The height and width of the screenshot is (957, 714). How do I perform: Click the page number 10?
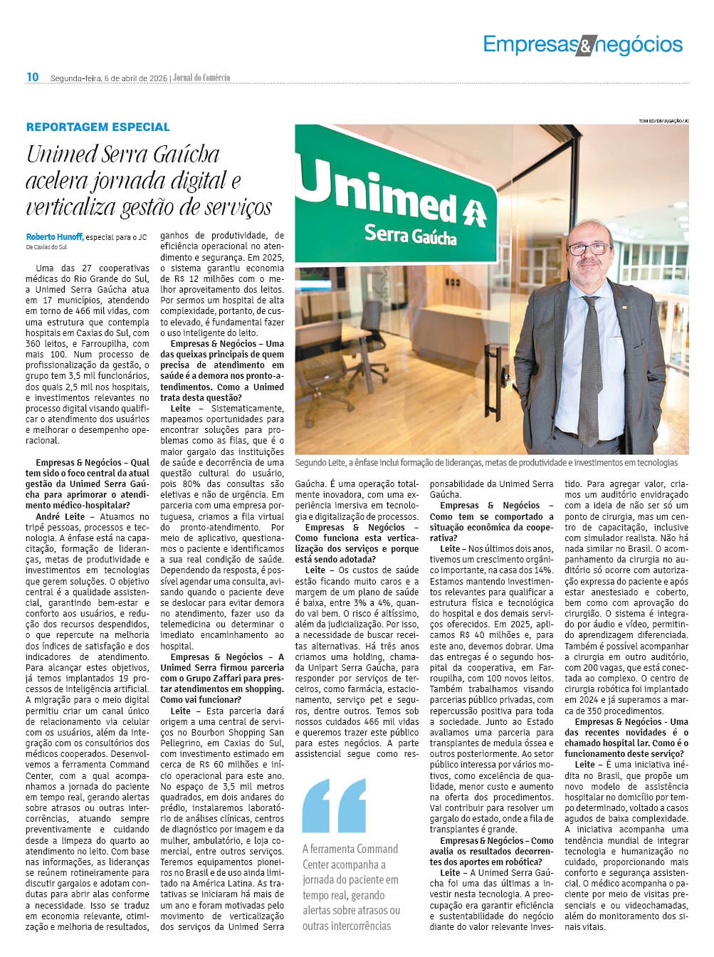(x=33, y=77)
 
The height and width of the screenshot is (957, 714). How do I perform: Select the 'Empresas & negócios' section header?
(x=582, y=45)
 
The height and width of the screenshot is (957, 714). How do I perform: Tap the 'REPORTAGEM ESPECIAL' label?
(x=98, y=127)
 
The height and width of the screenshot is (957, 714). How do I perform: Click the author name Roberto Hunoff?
(x=54, y=237)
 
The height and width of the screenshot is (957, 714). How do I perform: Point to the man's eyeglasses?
(x=591, y=249)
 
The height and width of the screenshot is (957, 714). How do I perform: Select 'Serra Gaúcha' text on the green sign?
(x=410, y=234)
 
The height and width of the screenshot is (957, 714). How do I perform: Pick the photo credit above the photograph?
(x=663, y=121)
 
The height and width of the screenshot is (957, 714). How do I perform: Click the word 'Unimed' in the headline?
(x=61, y=155)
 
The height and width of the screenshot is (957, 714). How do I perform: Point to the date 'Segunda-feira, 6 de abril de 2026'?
(x=109, y=78)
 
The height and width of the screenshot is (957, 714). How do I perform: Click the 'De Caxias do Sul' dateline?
(x=46, y=247)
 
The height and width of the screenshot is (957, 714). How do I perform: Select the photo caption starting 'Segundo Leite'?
(x=485, y=463)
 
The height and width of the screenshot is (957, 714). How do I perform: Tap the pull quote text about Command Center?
(x=350, y=887)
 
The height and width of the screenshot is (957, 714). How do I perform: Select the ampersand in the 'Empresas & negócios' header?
(x=584, y=46)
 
